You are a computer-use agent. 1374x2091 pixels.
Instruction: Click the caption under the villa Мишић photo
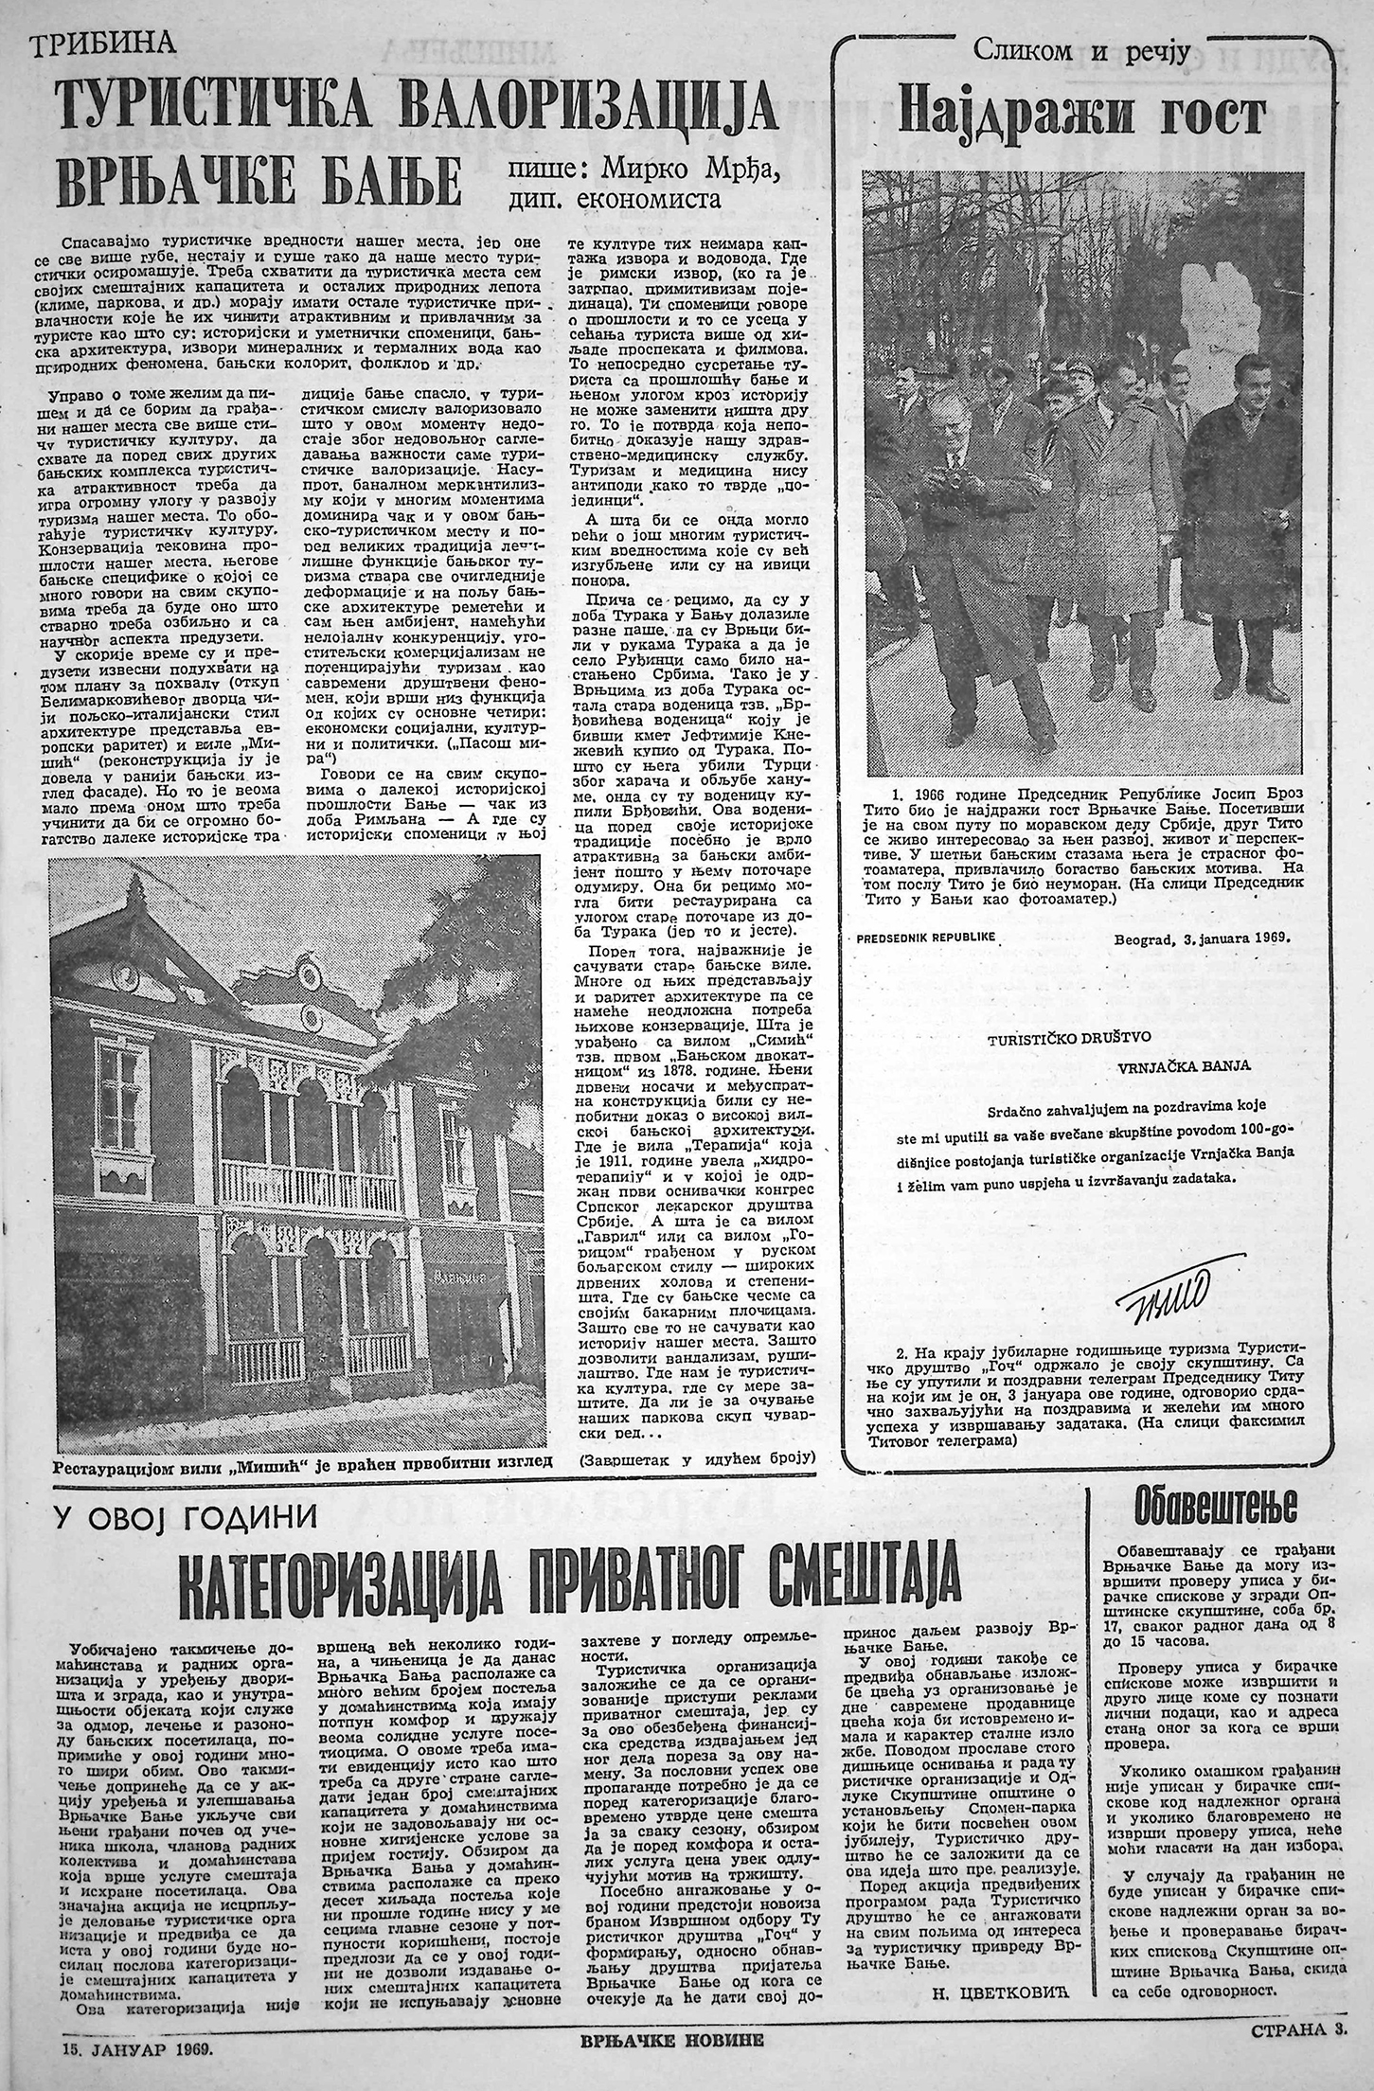[x=301, y=1460]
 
